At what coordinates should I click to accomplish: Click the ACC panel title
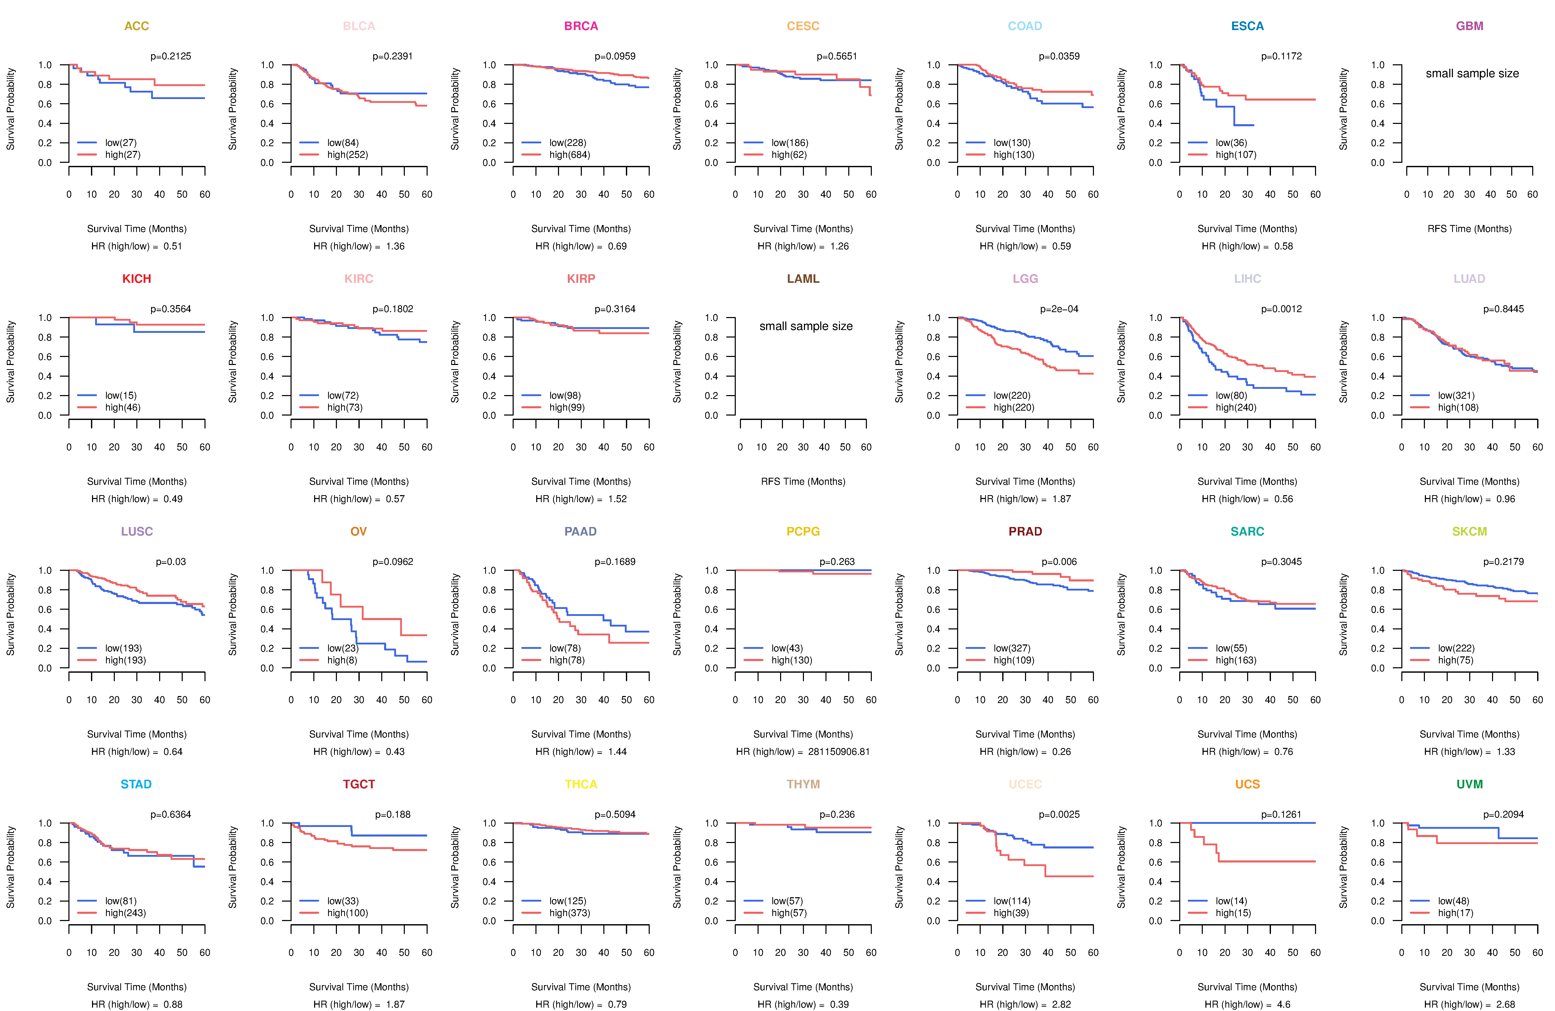pos(137,26)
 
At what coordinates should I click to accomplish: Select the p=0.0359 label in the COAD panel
pos(1059,56)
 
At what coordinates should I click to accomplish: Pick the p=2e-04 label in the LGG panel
pos(1059,309)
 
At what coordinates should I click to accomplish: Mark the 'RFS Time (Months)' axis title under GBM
pos(1469,229)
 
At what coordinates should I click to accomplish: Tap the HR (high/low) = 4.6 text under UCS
pos(1247,1005)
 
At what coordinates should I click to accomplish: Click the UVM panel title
pos(1469,784)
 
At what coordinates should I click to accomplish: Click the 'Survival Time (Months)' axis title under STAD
pos(137,987)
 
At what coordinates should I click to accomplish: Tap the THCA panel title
pos(581,784)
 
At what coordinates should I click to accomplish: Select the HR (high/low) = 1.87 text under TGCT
pos(359,1005)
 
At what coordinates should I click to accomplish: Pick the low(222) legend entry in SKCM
pos(1456,648)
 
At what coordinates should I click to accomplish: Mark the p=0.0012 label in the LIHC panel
pos(1281,309)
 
